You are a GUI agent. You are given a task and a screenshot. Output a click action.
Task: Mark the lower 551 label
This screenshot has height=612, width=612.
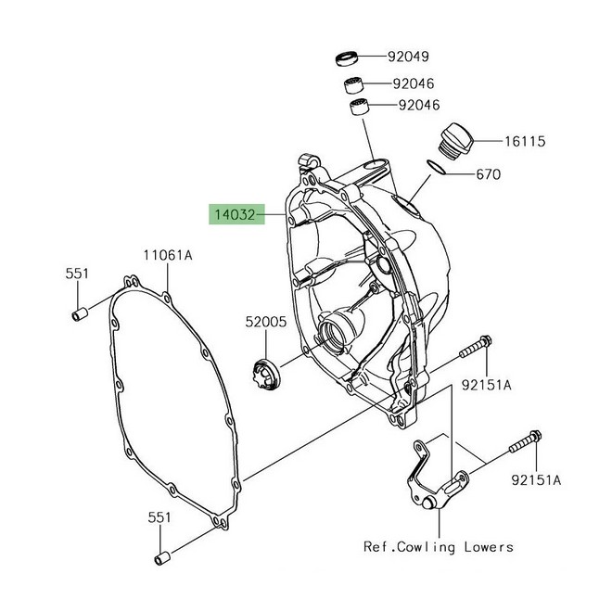(x=158, y=516)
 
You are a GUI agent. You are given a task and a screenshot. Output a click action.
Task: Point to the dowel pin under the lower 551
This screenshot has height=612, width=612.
(x=161, y=559)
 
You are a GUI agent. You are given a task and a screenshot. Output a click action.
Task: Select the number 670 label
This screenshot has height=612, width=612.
(x=516, y=174)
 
